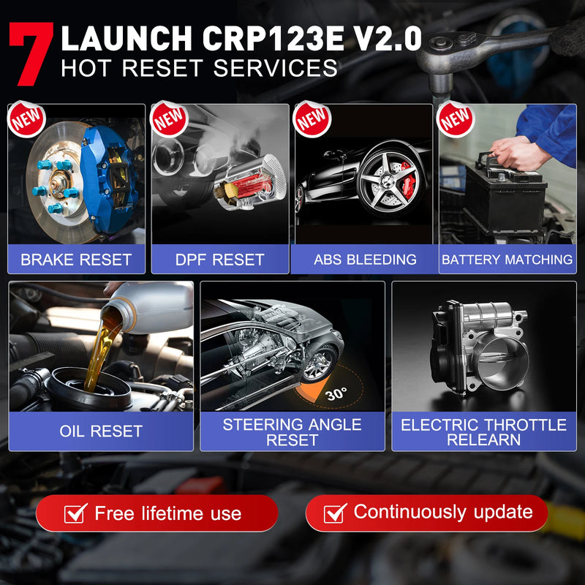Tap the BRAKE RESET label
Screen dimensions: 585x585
(76, 260)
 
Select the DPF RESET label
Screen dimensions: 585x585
(220, 260)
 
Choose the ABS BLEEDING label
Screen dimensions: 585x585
(365, 260)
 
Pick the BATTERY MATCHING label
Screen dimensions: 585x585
(507, 260)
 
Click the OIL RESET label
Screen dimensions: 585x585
(101, 431)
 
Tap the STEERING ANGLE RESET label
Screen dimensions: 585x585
(292, 432)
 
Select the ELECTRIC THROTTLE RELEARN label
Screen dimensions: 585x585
(484, 432)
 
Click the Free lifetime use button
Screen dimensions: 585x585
(157, 513)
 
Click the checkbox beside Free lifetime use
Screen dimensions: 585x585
(75, 513)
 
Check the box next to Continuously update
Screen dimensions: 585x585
(335, 513)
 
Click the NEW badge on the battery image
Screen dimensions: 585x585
(455, 118)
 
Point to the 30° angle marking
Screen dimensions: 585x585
(336, 393)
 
